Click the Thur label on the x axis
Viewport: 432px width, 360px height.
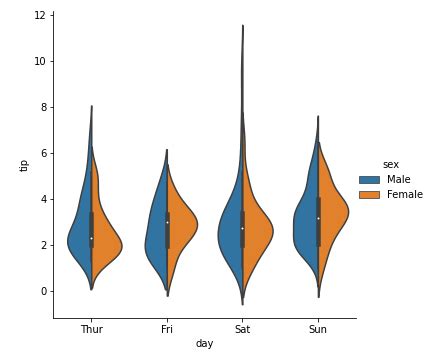click(x=91, y=328)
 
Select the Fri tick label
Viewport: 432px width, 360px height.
click(x=167, y=328)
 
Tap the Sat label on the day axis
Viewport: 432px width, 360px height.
click(x=242, y=328)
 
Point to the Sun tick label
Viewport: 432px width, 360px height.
click(x=318, y=328)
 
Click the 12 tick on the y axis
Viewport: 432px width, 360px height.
click(x=38, y=16)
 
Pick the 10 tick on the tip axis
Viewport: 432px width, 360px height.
click(x=38, y=62)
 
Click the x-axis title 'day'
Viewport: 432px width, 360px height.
click(x=204, y=343)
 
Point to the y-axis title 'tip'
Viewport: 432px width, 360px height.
click(x=25, y=165)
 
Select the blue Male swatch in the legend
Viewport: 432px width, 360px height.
click(x=369, y=179)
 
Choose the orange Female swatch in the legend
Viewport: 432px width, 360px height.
click(x=369, y=194)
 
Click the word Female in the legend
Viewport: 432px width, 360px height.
click(x=405, y=194)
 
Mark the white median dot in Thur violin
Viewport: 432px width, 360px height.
click(x=91, y=238)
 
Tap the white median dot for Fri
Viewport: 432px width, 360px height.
click(x=167, y=223)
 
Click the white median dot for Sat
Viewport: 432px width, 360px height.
click(x=242, y=229)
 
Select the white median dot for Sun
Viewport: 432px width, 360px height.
click(x=318, y=218)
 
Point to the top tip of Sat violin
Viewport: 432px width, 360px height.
click(x=242, y=27)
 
